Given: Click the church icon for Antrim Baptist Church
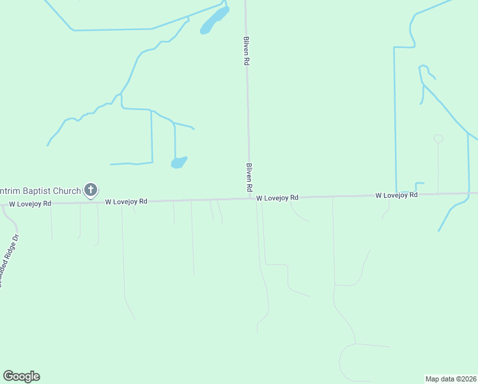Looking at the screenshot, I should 91,189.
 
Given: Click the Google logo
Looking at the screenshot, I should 21,376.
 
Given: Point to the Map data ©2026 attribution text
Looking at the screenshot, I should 451,378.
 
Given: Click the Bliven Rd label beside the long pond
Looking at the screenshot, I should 246,51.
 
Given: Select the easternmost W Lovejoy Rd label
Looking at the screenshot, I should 396,195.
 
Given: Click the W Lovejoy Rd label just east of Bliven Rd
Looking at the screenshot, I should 277,198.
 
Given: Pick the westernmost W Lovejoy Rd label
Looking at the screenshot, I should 29,204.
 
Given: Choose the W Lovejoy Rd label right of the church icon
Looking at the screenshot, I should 126,201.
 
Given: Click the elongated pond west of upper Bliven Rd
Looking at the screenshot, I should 214,20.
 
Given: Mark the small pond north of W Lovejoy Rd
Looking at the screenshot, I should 179,163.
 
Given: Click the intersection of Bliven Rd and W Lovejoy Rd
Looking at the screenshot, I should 250,198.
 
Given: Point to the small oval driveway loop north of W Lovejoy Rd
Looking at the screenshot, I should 438,138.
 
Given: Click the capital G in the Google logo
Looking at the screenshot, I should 8,376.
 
